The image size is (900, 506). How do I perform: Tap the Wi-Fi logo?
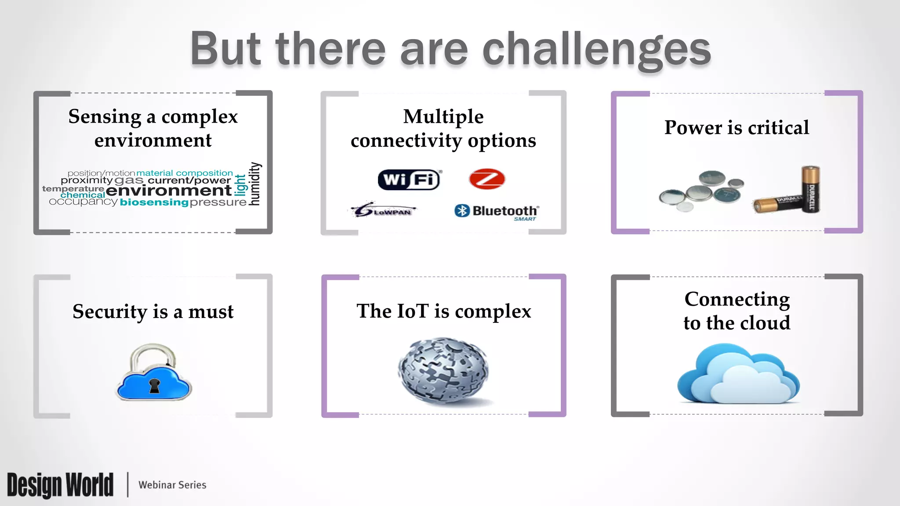tap(410, 180)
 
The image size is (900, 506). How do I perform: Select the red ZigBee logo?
tap(487, 179)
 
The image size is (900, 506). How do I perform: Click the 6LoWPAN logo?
tap(384, 210)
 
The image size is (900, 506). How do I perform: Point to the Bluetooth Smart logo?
tap(497, 212)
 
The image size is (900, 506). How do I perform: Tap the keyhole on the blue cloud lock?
tap(154, 386)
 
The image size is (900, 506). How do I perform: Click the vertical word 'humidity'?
tap(255, 184)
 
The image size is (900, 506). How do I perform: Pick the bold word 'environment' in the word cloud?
tap(169, 191)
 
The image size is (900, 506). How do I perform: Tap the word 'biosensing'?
tap(154, 202)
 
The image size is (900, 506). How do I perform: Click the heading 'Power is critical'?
tap(737, 128)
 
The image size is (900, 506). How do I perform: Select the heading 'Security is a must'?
tap(153, 312)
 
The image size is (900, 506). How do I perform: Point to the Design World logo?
tap(60, 485)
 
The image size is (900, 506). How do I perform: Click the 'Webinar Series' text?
tap(172, 485)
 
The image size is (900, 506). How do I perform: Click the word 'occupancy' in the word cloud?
tap(83, 202)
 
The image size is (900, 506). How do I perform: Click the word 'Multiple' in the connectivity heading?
tap(443, 117)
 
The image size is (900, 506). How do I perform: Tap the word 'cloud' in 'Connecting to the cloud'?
tap(765, 323)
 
